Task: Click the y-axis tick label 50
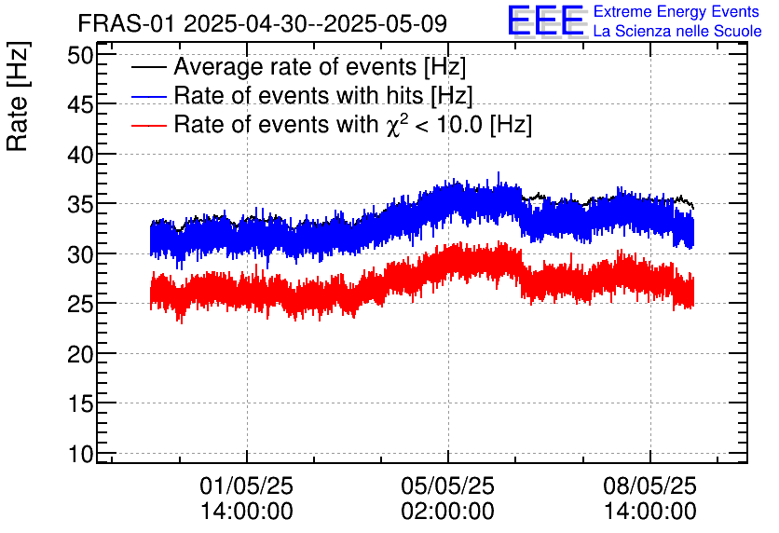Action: coord(82,55)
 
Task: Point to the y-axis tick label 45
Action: coord(82,105)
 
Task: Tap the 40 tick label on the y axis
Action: coord(82,155)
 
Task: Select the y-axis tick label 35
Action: coord(82,204)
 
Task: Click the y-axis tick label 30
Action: coord(82,254)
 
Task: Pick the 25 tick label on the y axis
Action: coord(82,304)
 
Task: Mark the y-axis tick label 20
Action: coord(82,354)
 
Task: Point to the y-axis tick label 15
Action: coord(82,403)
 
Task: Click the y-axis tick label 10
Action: coord(82,454)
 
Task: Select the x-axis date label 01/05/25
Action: coord(247,486)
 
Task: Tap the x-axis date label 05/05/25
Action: coord(448,486)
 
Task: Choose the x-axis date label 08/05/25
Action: coord(649,486)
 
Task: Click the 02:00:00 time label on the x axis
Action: coord(448,512)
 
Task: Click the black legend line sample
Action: coord(149,68)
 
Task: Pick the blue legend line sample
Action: coord(149,96)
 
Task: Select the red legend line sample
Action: coord(149,125)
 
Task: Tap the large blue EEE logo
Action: coord(546,20)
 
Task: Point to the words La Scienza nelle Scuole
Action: coord(677,32)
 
